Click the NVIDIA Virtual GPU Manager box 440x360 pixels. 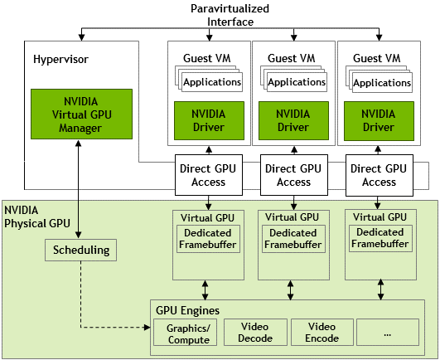(x=81, y=114)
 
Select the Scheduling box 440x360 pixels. (x=81, y=250)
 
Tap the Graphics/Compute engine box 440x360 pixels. (x=186, y=332)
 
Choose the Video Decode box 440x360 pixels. (x=255, y=332)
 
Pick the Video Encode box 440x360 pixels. (x=322, y=332)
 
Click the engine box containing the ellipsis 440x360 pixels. (x=388, y=332)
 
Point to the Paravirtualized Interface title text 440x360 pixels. (x=230, y=15)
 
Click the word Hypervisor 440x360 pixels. (x=60, y=59)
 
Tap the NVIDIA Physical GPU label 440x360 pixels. (x=37, y=216)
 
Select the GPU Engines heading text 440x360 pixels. (x=188, y=310)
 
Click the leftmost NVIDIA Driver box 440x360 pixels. (x=209, y=121)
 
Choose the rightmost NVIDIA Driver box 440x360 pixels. (x=379, y=121)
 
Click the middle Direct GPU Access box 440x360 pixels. (x=294, y=175)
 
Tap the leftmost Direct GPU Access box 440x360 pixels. (x=209, y=175)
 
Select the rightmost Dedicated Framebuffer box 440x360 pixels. (x=380, y=238)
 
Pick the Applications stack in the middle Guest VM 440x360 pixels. (x=293, y=79)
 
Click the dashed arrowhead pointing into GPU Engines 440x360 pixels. (x=147, y=327)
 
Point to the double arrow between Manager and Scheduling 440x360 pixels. (x=79, y=189)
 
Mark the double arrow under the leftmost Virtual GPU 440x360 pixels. (x=205, y=290)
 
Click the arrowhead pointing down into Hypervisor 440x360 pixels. (x=81, y=37)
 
